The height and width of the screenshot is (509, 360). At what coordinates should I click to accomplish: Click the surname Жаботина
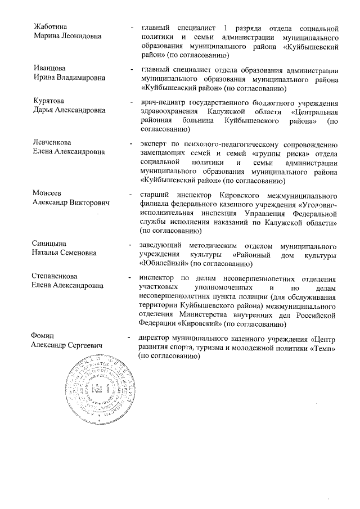[x=49, y=27]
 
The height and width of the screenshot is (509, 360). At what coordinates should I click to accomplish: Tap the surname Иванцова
[x=49, y=69]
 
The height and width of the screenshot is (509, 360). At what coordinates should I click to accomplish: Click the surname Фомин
[x=44, y=336]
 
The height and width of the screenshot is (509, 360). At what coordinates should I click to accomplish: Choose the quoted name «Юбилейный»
[x=164, y=263]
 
